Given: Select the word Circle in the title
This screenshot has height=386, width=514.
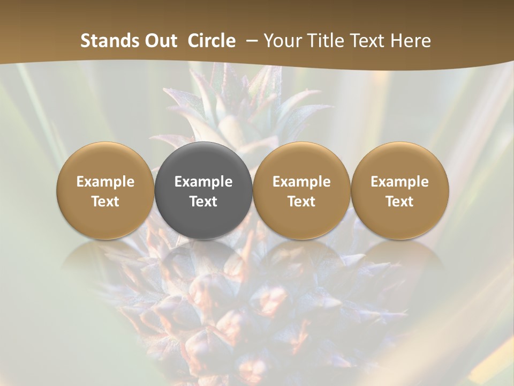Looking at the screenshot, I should click(211, 41).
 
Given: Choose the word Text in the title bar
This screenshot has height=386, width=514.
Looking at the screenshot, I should click(368, 41).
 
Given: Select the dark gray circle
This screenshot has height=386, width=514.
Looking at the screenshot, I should click(203, 161).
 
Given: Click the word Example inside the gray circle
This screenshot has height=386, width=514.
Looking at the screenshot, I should click(203, 182).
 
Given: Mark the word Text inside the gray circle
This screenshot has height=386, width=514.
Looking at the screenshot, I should click(203, 202).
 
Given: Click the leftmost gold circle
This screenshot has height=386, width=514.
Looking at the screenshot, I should click(105, 161).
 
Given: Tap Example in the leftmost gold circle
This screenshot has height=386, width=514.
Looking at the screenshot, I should click(105, 182).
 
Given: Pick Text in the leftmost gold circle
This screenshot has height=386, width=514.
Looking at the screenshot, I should click(105, 202).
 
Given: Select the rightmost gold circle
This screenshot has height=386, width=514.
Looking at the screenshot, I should click(400, 161).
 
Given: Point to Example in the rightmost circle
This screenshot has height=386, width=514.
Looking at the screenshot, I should click(400, 182).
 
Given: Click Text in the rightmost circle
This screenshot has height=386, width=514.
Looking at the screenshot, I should click(400, 202).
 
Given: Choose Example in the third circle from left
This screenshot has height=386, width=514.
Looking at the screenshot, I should click(301, 182).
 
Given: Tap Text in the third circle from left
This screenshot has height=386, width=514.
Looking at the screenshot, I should click(301, 202).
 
